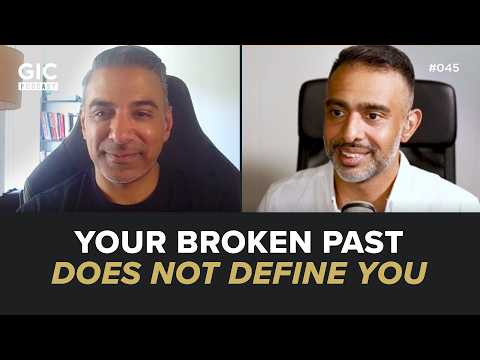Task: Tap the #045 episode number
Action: point(446,68)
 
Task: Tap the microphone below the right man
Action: point(358,206)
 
